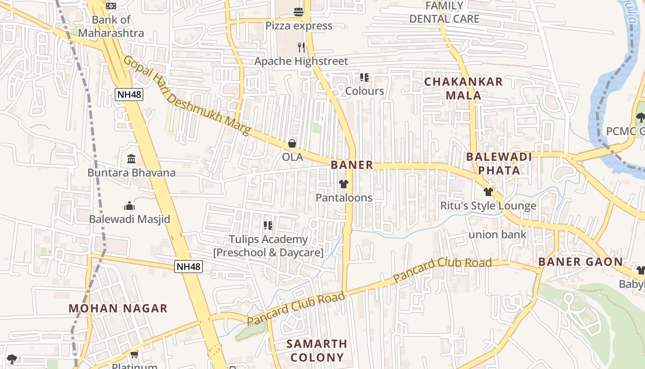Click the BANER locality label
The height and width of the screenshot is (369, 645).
tap(352, 165)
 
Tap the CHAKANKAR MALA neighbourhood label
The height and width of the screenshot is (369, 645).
tap(463, 89)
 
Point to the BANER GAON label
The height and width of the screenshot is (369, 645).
tap(580, 262)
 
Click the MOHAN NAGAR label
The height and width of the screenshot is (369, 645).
tap(118, 309)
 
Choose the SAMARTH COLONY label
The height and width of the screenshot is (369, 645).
tap(317, 351)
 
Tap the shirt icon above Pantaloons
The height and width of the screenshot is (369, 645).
tap(344, 184)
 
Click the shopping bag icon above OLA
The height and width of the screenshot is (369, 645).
tap(292, 144)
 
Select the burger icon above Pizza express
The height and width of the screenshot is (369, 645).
tap(299, 12)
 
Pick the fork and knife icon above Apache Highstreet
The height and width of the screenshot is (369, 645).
tap(301, 47)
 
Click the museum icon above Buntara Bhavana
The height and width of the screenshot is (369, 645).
tap(131, 159)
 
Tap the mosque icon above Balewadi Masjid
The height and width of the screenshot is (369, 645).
tap(129, 206)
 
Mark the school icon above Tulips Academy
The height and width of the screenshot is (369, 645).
tap(268, 226)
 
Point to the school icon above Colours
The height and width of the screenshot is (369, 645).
tap(364, 77)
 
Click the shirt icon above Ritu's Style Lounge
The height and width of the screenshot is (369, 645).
tap(488, 192)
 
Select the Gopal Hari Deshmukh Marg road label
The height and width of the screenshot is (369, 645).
tap(186, 95)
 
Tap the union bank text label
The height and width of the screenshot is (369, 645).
tap(497, 234)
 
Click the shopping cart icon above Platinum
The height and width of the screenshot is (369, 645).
tap(134, 354)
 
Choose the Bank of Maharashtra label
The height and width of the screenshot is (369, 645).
tap(111, 26)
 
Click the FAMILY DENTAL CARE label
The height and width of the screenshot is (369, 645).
tap(444, 12)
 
